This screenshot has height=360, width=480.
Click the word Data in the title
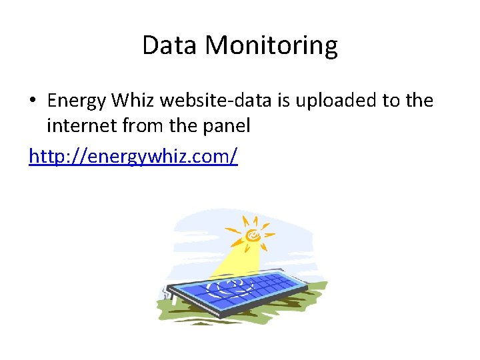tap(170, 45)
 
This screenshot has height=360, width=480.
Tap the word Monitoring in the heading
tap(271, 45)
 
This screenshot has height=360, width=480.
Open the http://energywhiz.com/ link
tap(133, 157)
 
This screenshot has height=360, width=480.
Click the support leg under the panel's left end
tap(174, 298)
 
